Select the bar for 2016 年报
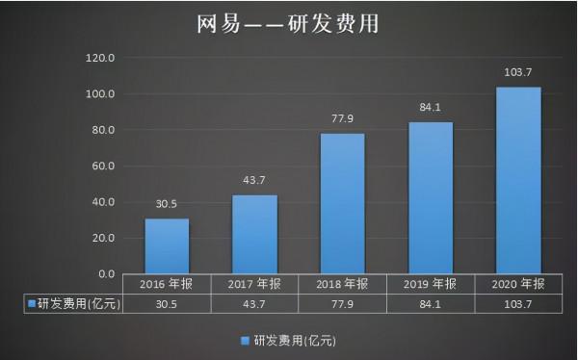(167, 245)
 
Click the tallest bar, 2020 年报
(517, 179)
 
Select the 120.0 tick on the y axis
(100, 58)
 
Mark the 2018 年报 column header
(342, 284)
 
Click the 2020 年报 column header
(517, 284)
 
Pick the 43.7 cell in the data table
(255, 303)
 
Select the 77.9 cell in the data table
(342, 303)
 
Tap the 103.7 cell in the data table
(517, 303)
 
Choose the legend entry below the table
(289, 340)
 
